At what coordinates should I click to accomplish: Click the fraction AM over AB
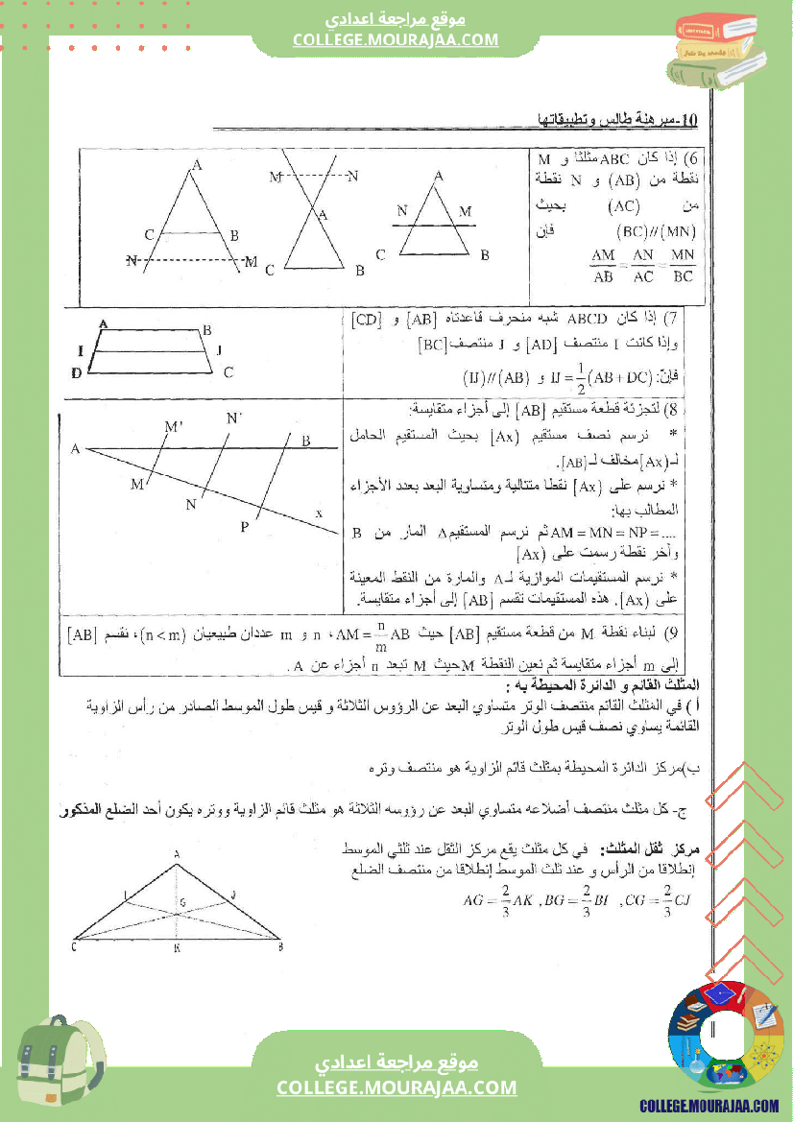(603, 266)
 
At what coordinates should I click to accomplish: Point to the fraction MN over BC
(683, 266)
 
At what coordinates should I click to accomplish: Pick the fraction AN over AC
(643, 266)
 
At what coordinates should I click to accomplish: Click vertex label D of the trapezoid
(76, 373)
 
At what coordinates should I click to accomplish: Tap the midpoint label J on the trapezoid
(220, 349)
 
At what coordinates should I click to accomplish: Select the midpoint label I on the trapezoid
(81, 349)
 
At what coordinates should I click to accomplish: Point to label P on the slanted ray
(244, 527)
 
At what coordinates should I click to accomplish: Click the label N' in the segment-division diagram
(234, 418)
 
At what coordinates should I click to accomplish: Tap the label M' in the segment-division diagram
(174, 427)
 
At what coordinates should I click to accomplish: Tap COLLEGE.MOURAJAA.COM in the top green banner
(396, 39)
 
